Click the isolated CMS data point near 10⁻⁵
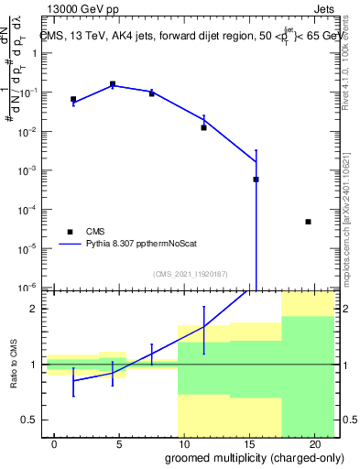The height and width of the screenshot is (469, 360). (308, 222)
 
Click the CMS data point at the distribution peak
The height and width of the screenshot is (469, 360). (113, 84)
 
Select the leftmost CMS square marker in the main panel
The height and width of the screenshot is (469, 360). (73, 99)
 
